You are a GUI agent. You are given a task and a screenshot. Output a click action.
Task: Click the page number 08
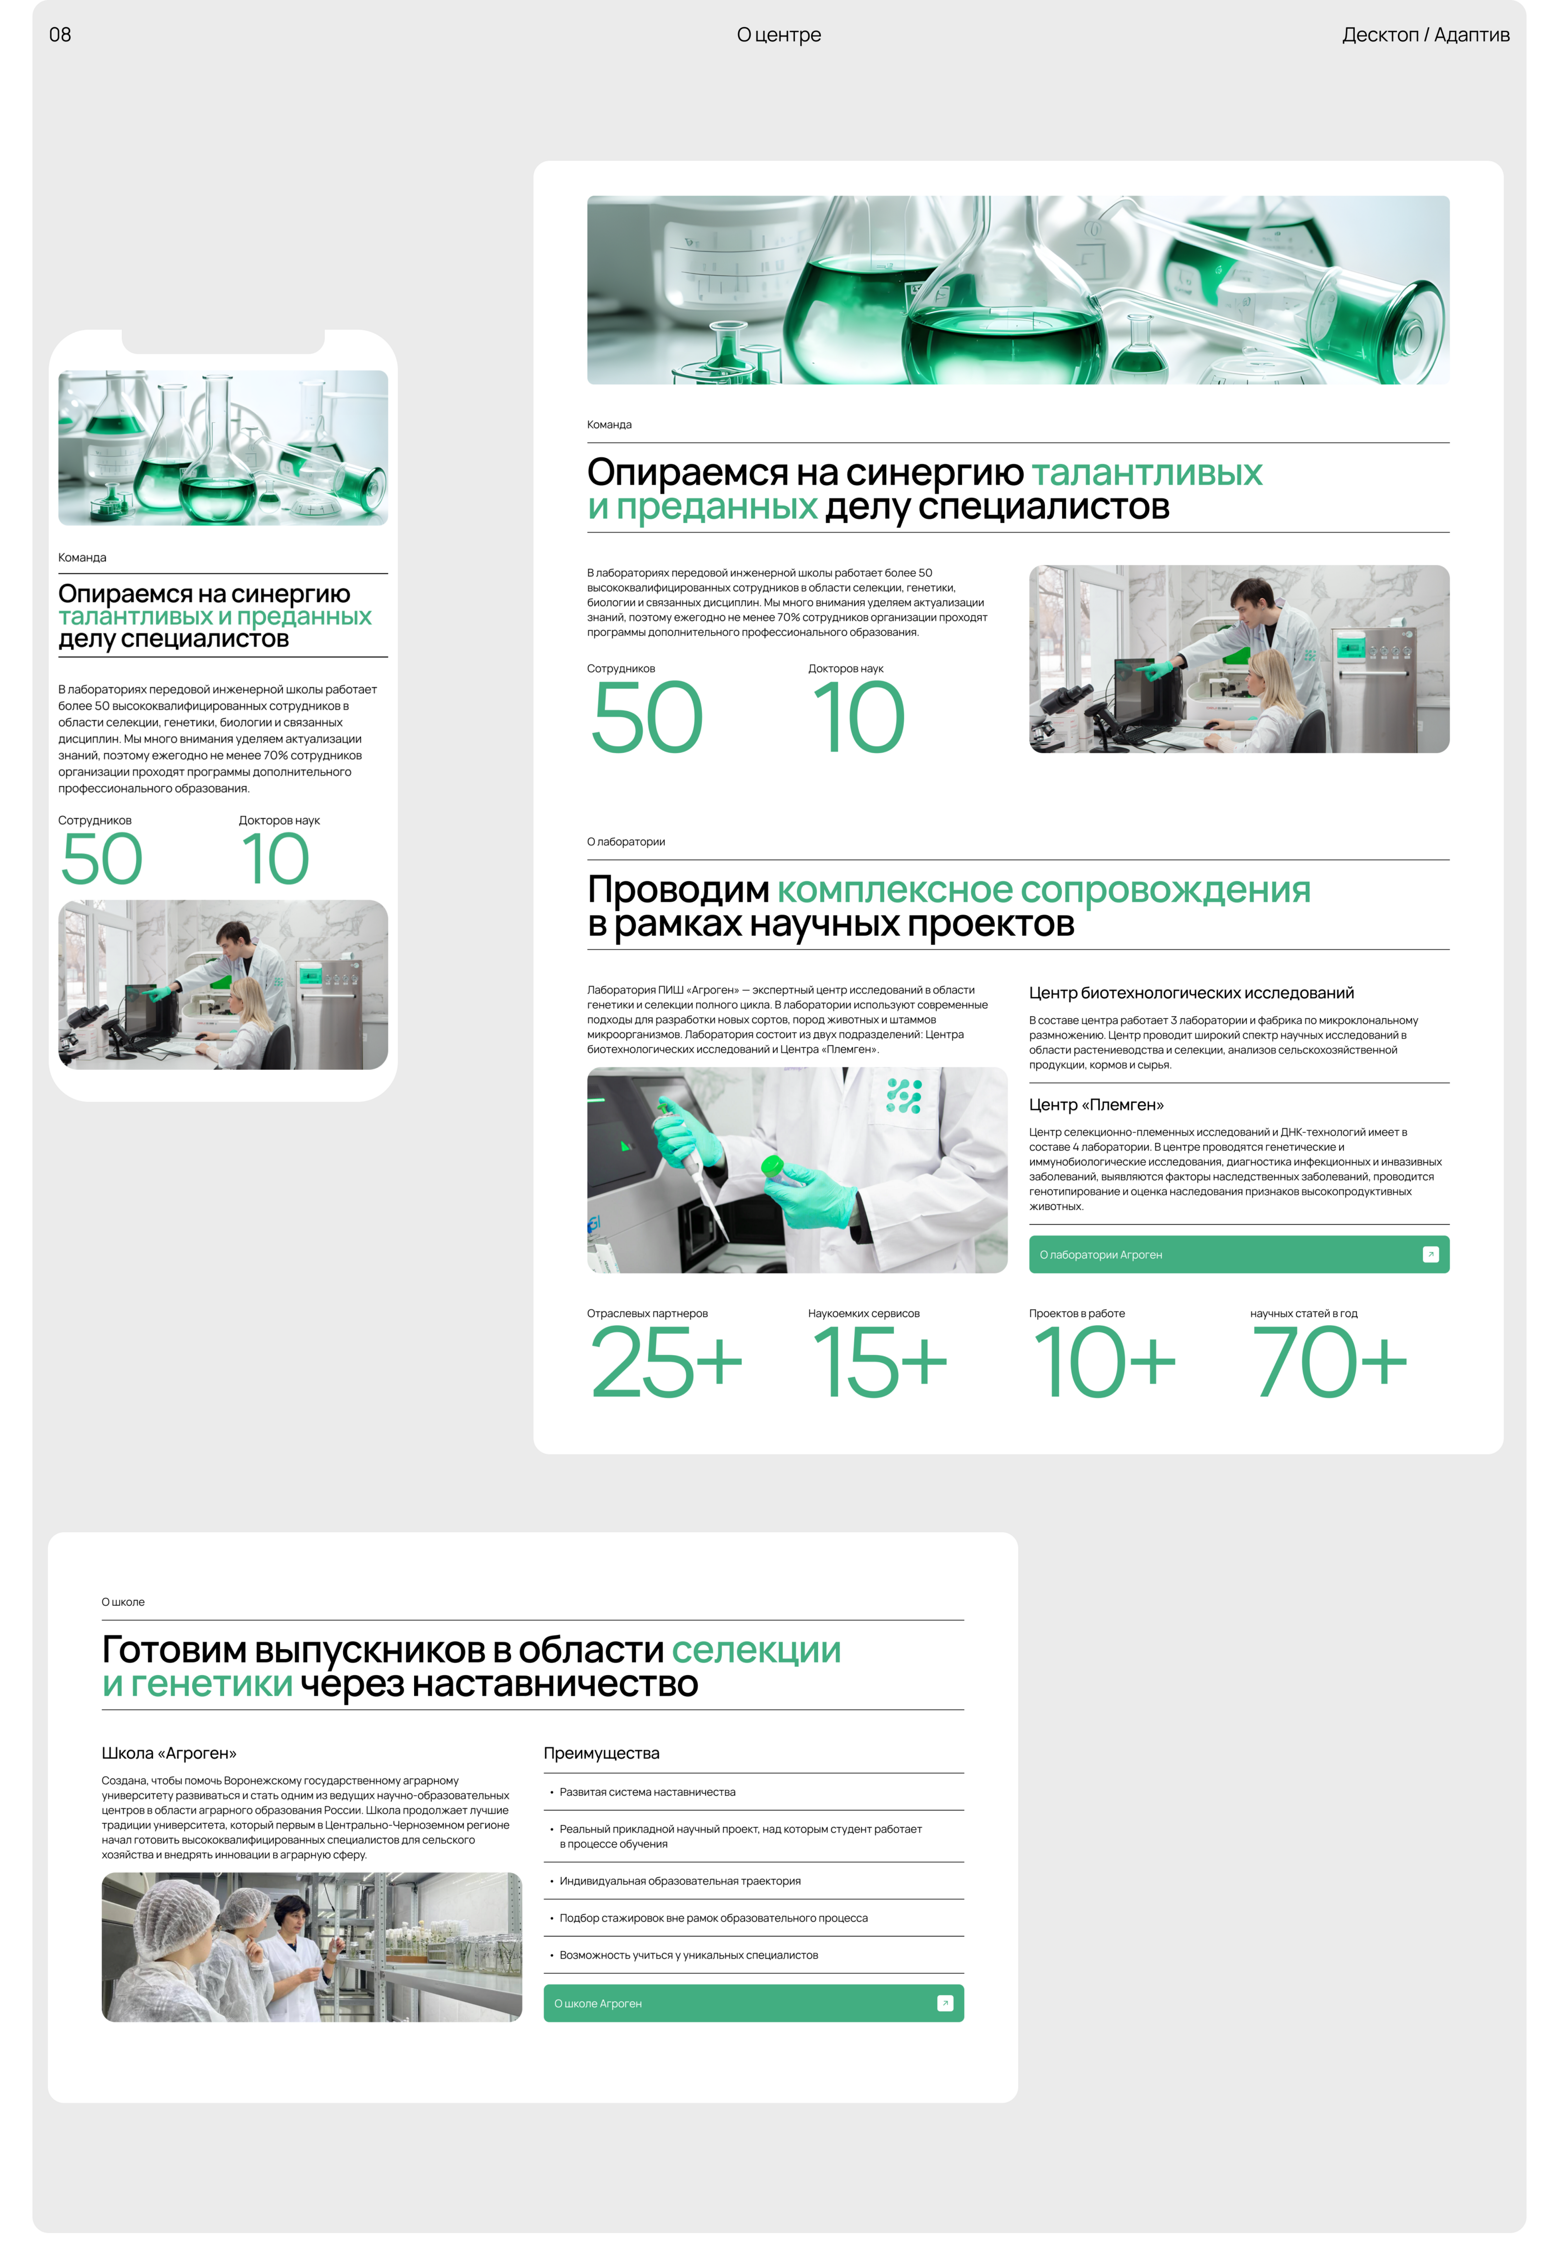click(59, 35)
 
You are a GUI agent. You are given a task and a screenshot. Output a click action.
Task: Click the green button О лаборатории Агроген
click(1238, 1255)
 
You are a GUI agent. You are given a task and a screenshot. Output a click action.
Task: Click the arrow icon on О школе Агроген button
click(945, 2004)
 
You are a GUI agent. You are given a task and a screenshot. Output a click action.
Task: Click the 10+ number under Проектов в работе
click(1104, 1362)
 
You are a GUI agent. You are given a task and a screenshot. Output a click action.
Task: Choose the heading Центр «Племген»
click(1096, 1105)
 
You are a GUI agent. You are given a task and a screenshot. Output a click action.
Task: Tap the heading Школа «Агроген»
click(169, 1753)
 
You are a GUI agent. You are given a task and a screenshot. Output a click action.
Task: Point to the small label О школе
click(123, 1602)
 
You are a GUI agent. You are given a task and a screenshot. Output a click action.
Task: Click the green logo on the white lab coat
click(904, 1096)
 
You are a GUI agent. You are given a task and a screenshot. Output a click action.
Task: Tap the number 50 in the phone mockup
click(102, 860)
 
